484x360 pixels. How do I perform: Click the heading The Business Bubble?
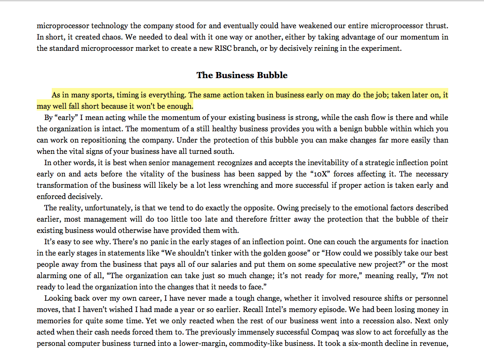pyautogui.click(x=242, y=75)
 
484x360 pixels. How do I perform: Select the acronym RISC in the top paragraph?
pyautogui.click(x=258, y=48)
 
